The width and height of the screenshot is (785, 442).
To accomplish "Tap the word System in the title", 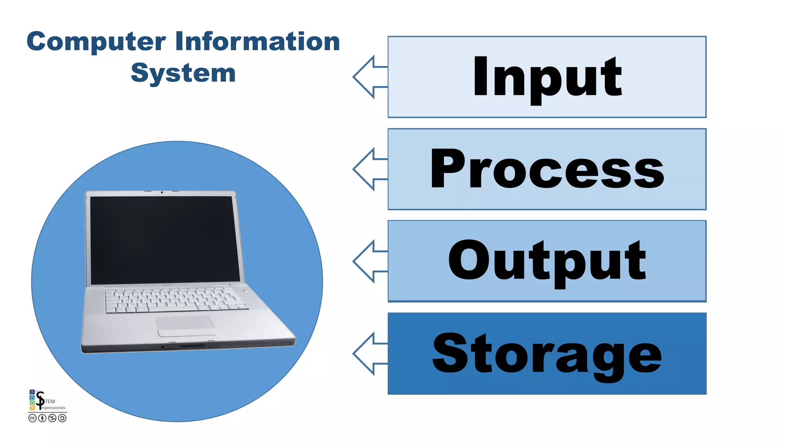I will pos(183,73).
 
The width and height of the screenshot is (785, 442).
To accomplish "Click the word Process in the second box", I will pos(547,169).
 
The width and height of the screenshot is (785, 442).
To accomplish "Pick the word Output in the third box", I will pos(547,261).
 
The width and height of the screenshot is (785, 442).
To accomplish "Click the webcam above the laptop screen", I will pos(162,192).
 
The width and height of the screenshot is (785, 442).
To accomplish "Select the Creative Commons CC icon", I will pos(33,418).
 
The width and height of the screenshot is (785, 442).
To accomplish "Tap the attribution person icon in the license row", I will pos(42,418).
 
